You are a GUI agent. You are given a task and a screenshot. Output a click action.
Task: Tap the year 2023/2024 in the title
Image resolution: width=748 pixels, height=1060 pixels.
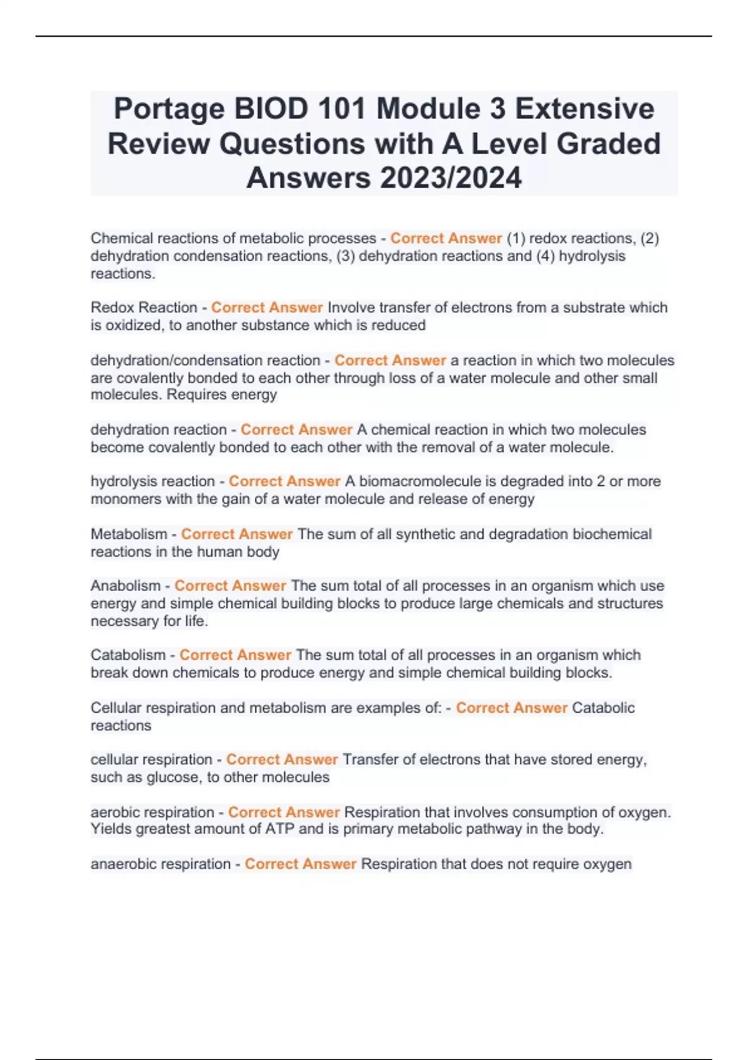450,178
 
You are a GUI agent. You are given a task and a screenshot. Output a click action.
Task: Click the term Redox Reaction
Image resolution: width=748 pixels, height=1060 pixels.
144,307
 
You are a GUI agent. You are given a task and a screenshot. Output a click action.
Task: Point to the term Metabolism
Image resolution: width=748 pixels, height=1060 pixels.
128,534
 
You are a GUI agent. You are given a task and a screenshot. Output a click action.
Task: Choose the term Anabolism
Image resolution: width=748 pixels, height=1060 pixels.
125,586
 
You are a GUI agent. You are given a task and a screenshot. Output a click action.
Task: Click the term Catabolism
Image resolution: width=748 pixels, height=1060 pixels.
128,655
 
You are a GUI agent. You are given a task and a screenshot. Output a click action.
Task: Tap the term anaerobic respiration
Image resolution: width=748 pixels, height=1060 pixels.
160,864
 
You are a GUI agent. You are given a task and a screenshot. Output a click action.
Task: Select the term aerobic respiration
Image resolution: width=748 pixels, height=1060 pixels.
152,812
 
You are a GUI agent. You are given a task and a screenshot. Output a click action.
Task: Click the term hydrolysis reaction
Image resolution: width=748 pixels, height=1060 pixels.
153,481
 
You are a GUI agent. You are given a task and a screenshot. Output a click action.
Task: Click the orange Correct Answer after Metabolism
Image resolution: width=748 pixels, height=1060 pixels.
237,534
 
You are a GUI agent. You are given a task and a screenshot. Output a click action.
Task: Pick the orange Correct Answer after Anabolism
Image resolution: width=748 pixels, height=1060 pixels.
230,586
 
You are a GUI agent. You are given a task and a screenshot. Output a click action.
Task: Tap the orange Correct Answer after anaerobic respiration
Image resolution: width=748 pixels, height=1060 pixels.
300,864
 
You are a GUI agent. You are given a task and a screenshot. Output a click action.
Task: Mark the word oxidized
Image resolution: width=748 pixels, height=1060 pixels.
131,325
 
